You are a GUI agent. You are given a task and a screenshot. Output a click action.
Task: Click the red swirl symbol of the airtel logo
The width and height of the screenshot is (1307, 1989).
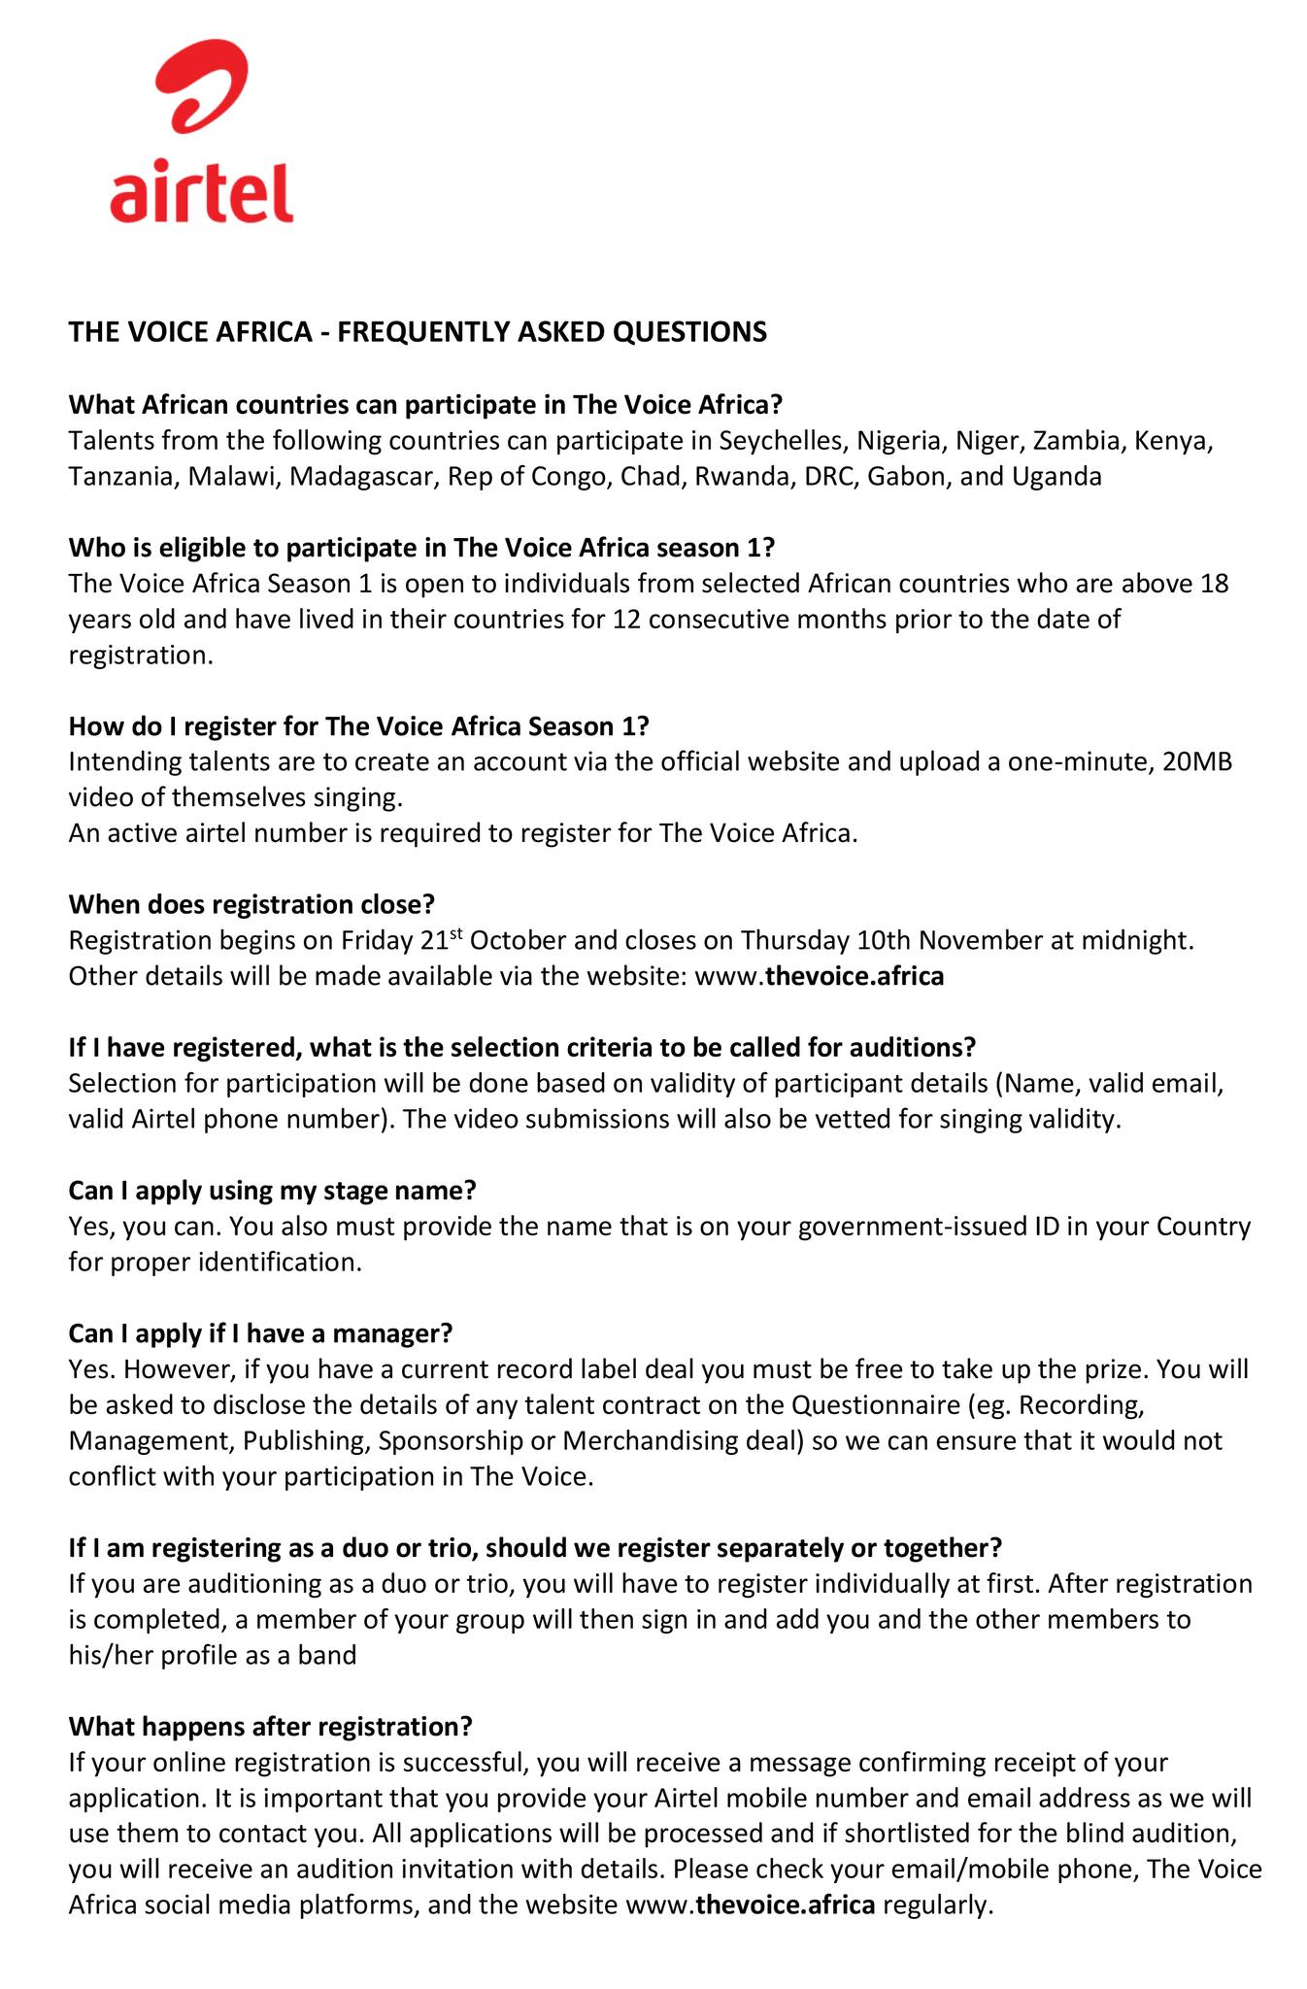point(202,92)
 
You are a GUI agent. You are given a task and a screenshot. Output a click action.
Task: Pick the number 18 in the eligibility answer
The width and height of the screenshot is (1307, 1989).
point(1215,584)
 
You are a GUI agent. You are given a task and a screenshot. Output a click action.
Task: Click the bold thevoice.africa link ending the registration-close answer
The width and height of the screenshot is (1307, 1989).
point(855,976)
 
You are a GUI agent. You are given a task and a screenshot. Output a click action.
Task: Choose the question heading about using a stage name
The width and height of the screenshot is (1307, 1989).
point(272,1190)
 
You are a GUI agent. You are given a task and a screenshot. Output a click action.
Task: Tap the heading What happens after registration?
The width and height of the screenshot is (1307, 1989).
point(270,1726)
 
